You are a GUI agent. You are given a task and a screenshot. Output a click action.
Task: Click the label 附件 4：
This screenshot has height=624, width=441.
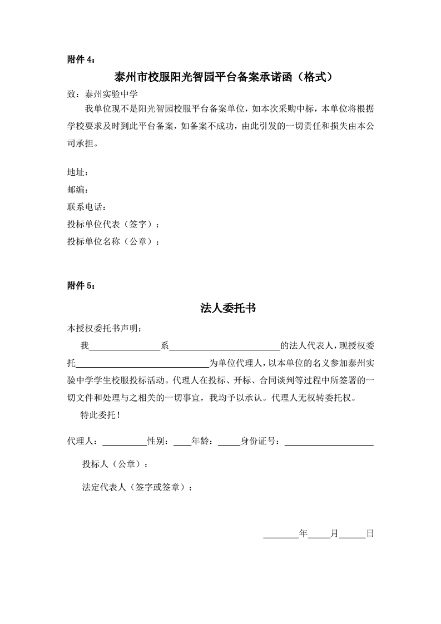(x=81, y=60)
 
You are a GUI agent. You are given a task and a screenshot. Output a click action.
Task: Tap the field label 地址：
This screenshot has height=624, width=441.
(x=77, y=172)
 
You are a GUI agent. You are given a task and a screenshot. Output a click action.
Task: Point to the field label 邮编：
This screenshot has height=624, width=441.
(x=77, y=190)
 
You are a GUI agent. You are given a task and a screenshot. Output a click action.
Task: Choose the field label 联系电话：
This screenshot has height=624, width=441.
(x=86, y=207)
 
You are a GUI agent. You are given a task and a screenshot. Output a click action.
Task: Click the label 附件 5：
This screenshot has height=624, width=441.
(x=81, y=286)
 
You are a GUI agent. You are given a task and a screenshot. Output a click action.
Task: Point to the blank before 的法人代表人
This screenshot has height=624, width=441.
(x=224, y=346)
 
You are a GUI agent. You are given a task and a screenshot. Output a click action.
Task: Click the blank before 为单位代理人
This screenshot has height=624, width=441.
(x=141, y=364)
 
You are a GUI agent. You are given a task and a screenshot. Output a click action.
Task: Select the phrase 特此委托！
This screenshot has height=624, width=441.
(x=101, y=415)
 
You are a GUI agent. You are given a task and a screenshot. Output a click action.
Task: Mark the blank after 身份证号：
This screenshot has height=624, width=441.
(x=329, y=442)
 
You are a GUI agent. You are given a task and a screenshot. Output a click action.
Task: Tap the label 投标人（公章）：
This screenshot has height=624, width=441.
(x=115, y=464)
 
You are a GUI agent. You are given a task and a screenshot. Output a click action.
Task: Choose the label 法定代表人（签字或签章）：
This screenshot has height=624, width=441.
(x=138, y=487)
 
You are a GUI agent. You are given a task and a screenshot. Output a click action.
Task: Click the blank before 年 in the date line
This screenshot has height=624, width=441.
(x=281, y=534)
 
